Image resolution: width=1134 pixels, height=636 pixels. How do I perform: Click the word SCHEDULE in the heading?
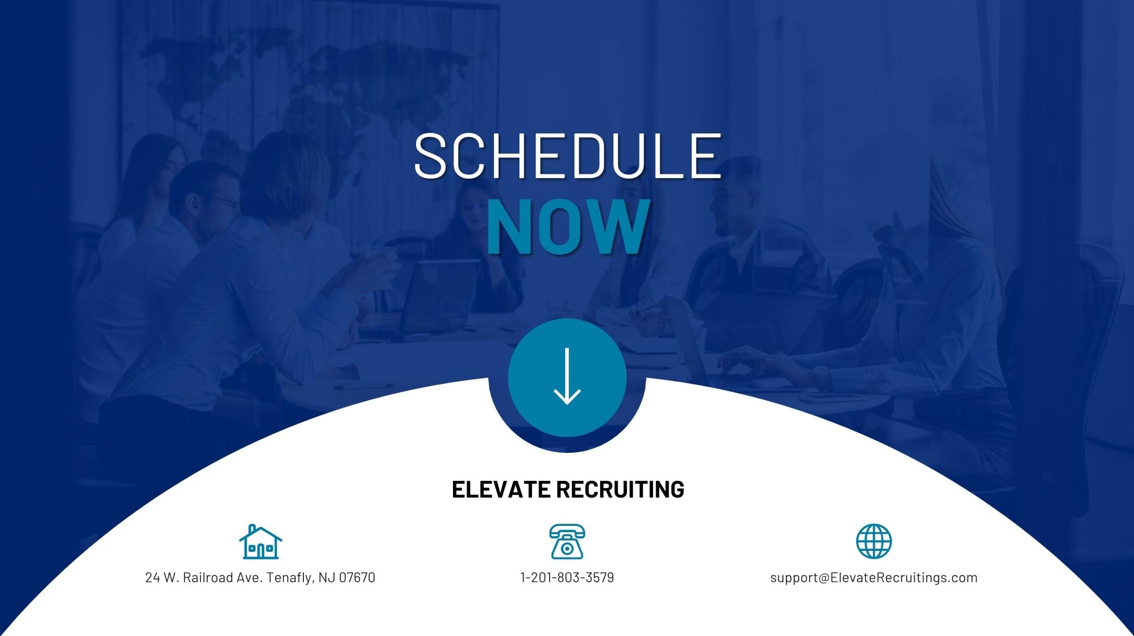567,156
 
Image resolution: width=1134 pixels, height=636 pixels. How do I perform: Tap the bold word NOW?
568,227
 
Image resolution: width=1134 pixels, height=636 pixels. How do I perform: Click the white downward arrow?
567,376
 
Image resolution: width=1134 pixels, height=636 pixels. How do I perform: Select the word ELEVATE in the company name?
499,489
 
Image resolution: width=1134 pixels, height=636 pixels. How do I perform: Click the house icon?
260,542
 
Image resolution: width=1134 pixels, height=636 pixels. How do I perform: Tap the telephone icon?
567,542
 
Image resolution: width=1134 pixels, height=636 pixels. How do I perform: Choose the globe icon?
874,541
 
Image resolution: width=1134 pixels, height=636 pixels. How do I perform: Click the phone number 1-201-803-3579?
567,577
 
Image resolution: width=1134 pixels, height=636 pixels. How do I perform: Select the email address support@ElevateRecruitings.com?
874,578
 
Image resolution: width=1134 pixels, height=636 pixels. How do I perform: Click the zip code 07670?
357,577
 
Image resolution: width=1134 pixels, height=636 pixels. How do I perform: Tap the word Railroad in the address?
208,577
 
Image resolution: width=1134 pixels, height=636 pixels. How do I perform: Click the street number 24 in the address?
153,577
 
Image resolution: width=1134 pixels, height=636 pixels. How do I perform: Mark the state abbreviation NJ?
327,577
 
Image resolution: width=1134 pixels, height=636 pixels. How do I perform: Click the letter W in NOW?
619,227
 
